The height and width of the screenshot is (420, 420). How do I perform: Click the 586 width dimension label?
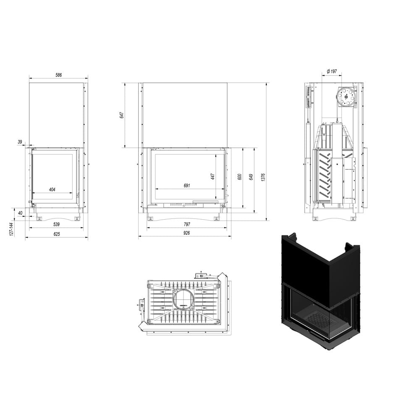click(x=58, y=75)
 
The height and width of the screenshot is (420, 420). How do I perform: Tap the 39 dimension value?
click(x=20, y=142)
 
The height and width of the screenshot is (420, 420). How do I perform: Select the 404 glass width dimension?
click(x=52, y=190)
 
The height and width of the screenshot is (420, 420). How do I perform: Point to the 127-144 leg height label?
click(x=11, y=229)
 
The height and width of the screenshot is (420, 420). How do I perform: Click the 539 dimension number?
click(x=56, y=224)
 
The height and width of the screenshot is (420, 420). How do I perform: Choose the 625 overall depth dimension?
click(x=57, y=234)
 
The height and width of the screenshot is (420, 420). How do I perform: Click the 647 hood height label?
click(x=122, y=115)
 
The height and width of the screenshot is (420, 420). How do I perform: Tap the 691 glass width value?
click(x=187, y=185)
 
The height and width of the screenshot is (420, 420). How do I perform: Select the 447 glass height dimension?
click(x=213, y=176)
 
